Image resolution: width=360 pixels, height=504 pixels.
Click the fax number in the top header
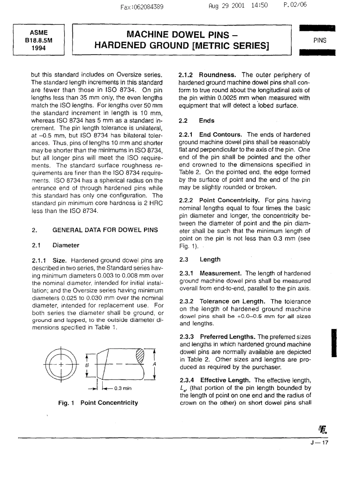pos(142,6)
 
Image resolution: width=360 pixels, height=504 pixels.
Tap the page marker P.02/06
pos(295,5)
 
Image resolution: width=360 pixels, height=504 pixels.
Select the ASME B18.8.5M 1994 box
pos(39,40)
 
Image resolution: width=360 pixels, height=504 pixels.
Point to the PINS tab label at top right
pos(320,40)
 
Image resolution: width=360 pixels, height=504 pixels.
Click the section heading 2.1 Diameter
pos(56,245)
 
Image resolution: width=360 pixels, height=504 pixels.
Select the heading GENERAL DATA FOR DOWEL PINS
pos(105,230)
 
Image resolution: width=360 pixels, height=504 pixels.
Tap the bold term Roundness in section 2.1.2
pos(217,75)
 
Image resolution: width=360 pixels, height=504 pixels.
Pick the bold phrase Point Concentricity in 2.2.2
pos(229,200)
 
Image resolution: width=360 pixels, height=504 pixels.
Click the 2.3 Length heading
pos(200,259)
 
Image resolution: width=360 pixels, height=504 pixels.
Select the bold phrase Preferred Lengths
pos(228,337)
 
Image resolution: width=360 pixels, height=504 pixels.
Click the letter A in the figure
pos(154,364)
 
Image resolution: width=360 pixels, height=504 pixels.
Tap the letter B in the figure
pos(87,365)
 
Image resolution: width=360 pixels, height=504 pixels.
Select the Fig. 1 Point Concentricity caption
pos(98,403)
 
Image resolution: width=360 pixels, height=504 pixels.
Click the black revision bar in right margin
pos(334,343)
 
